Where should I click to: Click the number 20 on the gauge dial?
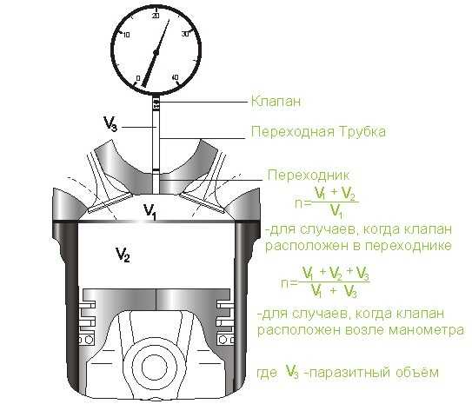156,16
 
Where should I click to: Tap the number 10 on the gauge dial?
126,35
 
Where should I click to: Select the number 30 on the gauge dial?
185,34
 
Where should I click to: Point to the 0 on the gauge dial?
138,78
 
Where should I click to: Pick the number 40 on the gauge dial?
175,77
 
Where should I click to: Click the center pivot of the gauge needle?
156,53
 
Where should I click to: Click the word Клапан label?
276,101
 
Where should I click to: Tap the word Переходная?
293,132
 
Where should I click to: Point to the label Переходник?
309,176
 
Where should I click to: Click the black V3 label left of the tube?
110,123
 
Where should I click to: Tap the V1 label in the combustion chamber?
150,211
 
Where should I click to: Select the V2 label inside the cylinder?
123,255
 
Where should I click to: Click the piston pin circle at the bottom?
154,368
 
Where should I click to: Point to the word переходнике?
409,246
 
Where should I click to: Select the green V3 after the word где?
292,372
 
